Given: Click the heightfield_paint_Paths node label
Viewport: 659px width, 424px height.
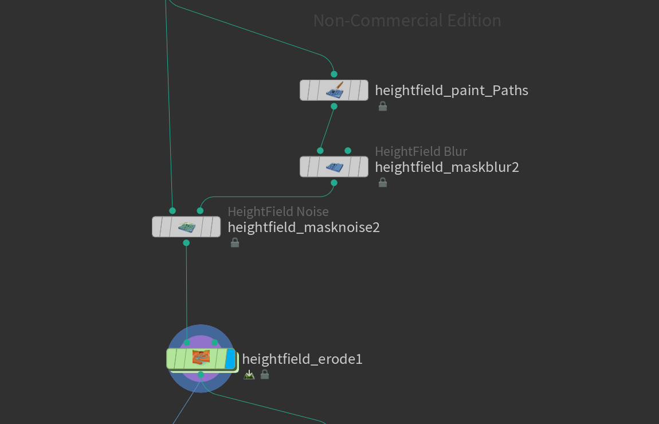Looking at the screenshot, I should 451,91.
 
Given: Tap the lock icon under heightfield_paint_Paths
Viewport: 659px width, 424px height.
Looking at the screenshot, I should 383,106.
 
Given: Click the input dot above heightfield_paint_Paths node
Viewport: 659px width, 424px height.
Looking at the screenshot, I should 334,74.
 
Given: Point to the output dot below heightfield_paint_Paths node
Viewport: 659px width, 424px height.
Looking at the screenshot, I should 334,106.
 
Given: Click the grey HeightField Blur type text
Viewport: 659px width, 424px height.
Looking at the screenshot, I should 421,151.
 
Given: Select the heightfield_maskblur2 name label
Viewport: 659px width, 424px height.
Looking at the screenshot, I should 446,167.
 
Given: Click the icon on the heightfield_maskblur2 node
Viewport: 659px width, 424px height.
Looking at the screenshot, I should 334,167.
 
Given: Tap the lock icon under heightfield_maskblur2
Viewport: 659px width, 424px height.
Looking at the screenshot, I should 383,183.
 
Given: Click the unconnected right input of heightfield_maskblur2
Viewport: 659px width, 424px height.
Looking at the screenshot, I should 348,151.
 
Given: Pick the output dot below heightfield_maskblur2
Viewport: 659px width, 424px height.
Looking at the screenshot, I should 334,183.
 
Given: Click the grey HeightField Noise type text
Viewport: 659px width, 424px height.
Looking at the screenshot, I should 278,212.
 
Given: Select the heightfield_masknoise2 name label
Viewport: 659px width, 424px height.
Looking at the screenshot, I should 304,227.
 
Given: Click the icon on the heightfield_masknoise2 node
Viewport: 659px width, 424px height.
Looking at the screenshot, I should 186,227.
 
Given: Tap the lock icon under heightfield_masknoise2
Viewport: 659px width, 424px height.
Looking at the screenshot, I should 235,243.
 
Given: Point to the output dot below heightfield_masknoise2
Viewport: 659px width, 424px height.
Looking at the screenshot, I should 186,243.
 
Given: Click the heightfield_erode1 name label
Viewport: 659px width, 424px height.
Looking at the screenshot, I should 302,359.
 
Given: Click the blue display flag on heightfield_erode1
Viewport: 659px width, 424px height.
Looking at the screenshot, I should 230,359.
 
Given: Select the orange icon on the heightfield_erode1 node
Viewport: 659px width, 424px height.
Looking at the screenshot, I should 201,358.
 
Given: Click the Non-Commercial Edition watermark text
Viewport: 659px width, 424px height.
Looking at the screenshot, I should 407,21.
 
